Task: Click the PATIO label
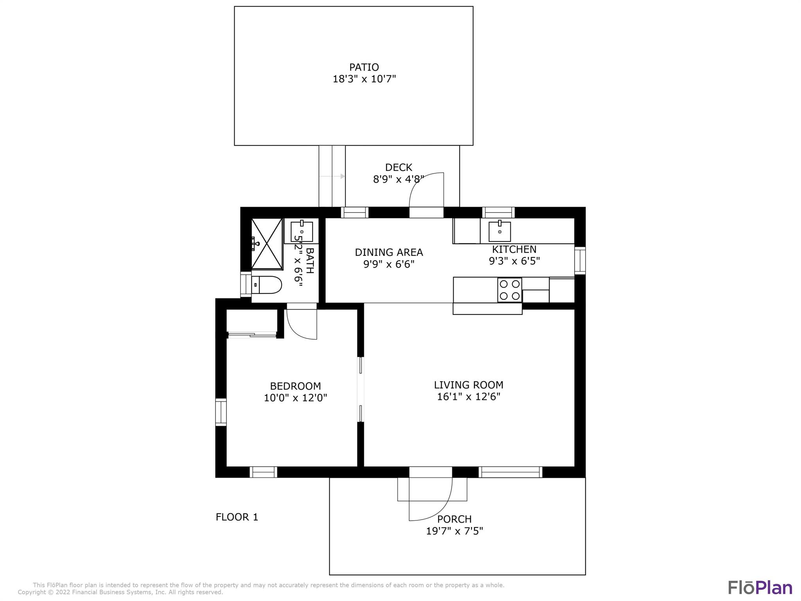[364, 67]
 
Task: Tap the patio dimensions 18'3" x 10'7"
[364, 79]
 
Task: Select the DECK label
[398, 167]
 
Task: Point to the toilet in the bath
[266, 285]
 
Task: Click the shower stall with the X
[267, 244]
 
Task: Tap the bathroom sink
[302, 232]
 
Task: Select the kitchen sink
[499, 232]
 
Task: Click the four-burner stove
[509, 290]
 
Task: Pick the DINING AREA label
[388, 252]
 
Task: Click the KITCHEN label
[514, 249]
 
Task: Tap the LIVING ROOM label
[468, 385]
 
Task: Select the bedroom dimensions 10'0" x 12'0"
[295, 398]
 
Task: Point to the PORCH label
[454, 519]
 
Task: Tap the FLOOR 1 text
[237, 517]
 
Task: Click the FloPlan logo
[760, 587]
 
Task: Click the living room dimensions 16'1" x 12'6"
[468, 397]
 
